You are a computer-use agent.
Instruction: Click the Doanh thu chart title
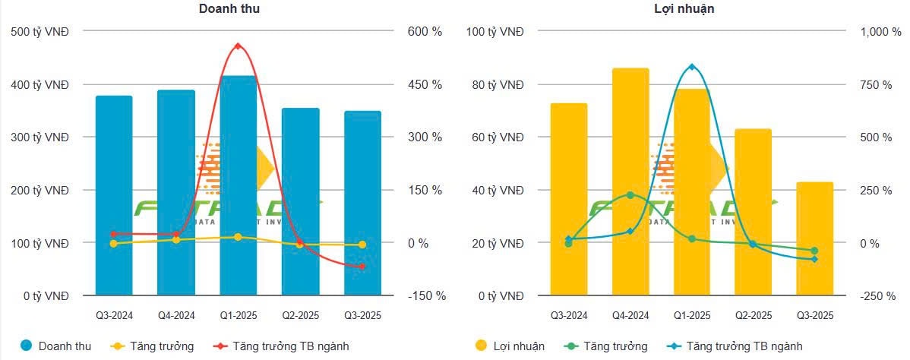point(223,8)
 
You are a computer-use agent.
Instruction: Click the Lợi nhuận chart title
point(673,8)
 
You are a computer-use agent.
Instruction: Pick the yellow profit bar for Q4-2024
point(630,182)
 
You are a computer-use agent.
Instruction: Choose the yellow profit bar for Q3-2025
point(815,239)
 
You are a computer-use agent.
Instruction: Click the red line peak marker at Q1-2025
point(238,46)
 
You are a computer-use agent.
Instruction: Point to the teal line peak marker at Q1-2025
point(691,67)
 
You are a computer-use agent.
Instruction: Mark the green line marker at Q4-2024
point(630,195)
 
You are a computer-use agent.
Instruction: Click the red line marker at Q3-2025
point(362,267)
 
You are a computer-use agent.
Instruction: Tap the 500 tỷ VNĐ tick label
point(40,32)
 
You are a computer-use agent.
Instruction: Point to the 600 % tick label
point(425,32)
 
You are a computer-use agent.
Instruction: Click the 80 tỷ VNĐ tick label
point(494,84)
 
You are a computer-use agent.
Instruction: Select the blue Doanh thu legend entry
point(57,346)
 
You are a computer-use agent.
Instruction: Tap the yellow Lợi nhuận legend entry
point(509,346)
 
